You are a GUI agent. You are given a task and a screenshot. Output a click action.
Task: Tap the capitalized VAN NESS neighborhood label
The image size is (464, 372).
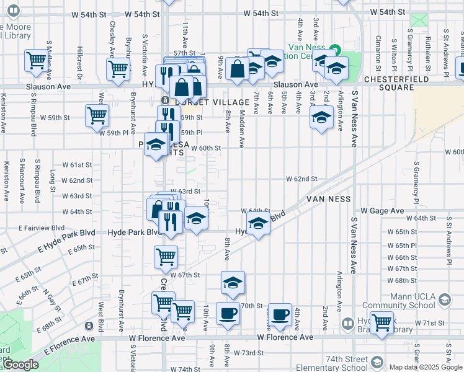point(328,199)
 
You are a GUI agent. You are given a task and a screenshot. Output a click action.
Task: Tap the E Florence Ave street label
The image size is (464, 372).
point(69,339)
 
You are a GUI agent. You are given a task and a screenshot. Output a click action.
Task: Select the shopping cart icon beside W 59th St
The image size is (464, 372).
point(97,115)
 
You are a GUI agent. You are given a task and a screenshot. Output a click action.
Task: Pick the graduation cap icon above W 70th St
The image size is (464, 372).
point(233,283)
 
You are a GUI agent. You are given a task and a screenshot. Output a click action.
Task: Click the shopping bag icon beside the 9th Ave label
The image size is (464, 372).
point(238,68)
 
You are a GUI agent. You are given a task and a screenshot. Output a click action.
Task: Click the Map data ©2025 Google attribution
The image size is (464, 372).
point(426,367)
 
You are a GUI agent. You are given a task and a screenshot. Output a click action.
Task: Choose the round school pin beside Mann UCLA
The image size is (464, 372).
point(444,301)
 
